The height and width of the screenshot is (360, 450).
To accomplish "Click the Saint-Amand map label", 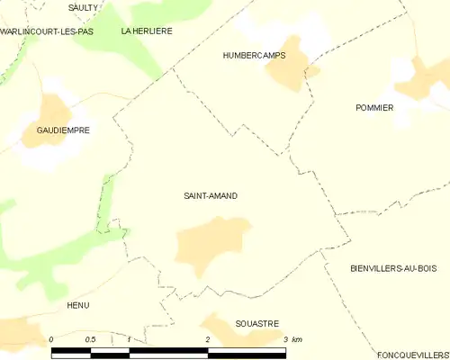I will pos(210,195).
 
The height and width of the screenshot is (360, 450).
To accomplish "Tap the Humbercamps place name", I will pos(253,55).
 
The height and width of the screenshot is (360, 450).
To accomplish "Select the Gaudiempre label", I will pos(63,130).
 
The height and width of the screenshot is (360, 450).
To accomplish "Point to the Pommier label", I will pos(374,107).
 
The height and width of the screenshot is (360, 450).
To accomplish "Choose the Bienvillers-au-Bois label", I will pos(392,268).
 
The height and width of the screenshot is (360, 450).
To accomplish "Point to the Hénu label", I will pos(78,305).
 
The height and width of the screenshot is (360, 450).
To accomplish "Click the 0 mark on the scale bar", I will pos(51,339).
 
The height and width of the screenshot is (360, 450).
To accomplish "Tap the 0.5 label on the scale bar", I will pos(90,339).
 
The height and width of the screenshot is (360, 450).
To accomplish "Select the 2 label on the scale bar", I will pos(208,339).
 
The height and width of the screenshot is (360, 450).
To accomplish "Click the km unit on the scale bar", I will pos(297,339).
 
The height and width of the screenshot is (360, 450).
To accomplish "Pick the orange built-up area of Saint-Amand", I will pos(211,245).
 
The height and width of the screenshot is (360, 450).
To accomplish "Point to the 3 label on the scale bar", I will pos(285,339).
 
